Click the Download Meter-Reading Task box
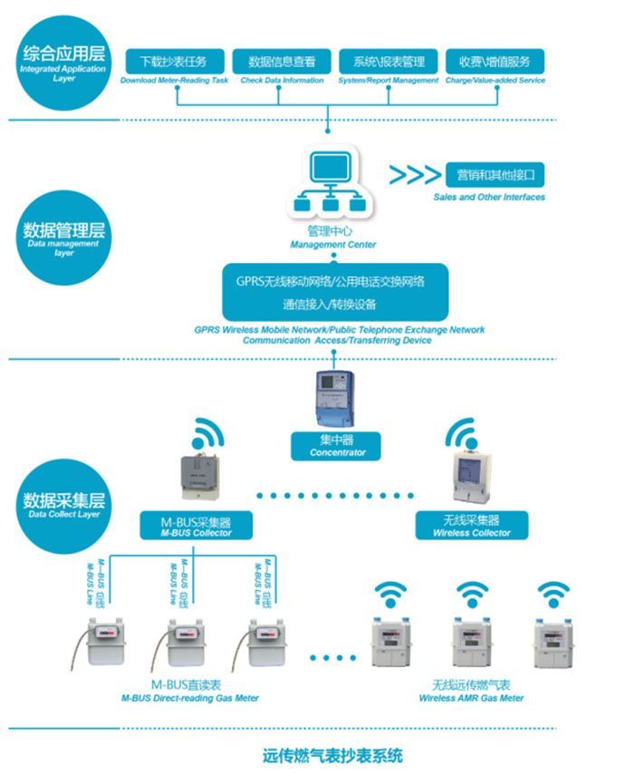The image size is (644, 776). point(174,62)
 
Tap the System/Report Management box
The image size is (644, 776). point(389,62)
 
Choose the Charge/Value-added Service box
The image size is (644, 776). point(495,62)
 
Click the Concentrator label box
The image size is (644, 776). point(336,445)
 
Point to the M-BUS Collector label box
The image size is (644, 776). point(195,524)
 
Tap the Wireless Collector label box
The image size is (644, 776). point(471,524)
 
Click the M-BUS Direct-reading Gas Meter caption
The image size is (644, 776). point(189,692)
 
